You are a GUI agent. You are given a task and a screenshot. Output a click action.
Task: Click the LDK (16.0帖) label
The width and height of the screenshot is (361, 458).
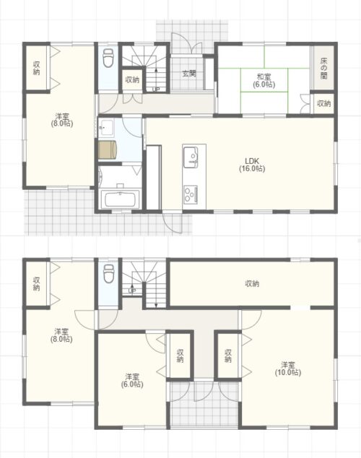click(x=252, y=165)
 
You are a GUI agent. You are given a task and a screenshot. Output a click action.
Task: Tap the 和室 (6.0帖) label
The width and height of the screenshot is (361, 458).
click(x=264, y=81)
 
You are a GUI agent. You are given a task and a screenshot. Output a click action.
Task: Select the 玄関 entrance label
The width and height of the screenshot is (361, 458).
click(x=189, y=73)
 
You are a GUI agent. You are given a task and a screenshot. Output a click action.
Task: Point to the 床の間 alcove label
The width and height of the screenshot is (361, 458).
click(x=323, y=69)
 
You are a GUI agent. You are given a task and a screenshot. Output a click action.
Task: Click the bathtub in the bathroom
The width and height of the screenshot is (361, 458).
click(x=120, y=199)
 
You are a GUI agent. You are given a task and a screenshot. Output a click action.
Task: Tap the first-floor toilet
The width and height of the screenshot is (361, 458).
click(x=108, y=58)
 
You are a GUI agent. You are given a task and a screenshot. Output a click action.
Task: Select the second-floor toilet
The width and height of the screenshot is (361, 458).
click(x=108, y=273)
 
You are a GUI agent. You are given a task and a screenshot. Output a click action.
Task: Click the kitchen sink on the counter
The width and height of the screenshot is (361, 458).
click(x=191, y=157)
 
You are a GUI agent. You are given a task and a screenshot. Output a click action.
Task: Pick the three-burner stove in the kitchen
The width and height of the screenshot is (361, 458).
click(x=191, y=194)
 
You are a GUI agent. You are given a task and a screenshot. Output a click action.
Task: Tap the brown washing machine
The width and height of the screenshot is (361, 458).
click(x=108, y=150)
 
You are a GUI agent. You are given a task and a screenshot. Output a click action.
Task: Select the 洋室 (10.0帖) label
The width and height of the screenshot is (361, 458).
click(x=288, y=368)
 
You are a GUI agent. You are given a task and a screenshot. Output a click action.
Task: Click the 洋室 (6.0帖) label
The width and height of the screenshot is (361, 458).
click(x=132, y=380)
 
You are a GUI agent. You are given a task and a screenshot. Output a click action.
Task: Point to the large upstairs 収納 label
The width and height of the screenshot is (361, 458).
click(x=252, y=283)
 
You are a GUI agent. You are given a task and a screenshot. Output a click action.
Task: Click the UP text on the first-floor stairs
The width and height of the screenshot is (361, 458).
click(x=156, y=90)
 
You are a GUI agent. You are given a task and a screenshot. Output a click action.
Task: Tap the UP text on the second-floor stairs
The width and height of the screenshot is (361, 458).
click(x=132, y=291)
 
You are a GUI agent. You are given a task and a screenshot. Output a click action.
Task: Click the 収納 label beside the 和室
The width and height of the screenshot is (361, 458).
click(x=323, y=103)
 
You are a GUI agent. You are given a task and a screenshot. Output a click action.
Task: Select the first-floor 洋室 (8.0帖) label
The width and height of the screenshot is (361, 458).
click(x=62, y=119)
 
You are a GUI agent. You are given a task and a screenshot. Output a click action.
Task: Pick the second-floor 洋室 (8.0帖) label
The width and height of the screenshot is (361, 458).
click(x=61, y=335)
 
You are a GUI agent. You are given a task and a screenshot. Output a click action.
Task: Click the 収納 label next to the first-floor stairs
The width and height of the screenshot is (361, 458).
click(x=132, y=79)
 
